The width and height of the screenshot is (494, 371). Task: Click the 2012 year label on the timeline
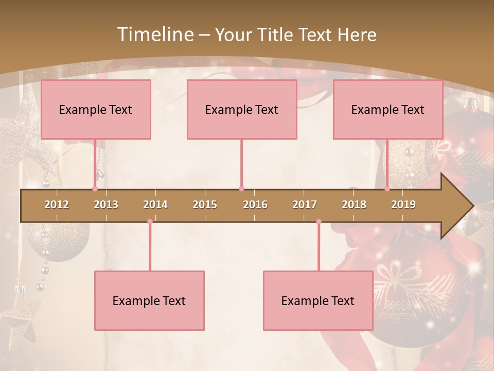coord(57,205)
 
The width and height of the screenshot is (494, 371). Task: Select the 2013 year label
coord(106,205)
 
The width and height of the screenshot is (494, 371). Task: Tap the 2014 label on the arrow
coord(155,205)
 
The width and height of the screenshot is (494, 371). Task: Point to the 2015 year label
coord(205,205)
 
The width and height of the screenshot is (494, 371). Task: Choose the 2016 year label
coord(255,205)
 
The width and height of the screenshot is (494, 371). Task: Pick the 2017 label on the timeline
coord(305,205)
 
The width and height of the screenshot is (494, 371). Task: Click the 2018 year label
coord(354,205)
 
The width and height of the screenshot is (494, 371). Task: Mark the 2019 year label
coord(403,205)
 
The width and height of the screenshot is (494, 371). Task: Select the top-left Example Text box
coord(96,109)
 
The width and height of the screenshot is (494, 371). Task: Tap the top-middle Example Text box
coord(242,109)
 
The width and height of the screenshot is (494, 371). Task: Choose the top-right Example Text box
coord(388,109)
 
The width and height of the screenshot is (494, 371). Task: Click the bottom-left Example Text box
coord(149,300)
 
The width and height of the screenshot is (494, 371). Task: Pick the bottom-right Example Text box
coord(318,300)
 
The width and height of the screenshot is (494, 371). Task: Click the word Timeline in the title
coord(154,35)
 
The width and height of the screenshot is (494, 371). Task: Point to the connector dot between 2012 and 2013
coord(95,189)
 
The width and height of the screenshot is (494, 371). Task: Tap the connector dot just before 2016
coord(241,189)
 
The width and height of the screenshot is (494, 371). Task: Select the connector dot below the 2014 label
coord(150,222)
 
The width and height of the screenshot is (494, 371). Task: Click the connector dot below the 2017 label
coord(319,222)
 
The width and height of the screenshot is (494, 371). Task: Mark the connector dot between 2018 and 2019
coord(387,189)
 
